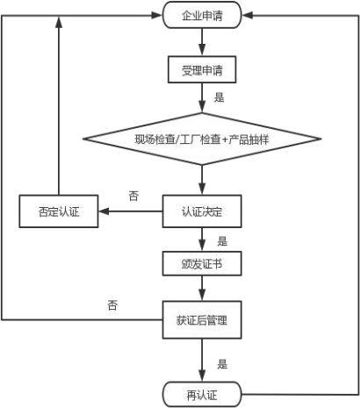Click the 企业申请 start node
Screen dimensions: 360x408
[202, 15]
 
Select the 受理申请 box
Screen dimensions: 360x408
[202, 69]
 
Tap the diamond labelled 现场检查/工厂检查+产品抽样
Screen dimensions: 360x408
[202, 139]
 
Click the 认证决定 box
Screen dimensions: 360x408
[202, 211]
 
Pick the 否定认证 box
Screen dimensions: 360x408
[59, 211]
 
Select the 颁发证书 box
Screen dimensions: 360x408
[202, 263]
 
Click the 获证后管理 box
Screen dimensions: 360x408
[202, 320]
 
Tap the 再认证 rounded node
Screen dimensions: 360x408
[202, 395]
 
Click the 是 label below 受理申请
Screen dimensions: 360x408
[219, 97]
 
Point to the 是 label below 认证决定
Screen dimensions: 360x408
[222, 241]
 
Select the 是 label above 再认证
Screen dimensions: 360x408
[222, 364]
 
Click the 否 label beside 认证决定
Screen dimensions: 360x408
[133, 196]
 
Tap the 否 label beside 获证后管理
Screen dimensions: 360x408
[112, 305]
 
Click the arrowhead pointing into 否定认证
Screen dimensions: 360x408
[104, 211]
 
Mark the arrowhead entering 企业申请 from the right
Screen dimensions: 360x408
[248, 15]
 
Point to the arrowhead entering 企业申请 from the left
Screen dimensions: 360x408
[157, 15]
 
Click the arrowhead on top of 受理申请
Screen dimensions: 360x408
[202, 51]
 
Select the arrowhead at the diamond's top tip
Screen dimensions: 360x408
[202, 107]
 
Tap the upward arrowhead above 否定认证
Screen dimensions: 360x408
[59, 22]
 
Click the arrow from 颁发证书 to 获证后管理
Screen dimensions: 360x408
[202, 289]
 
